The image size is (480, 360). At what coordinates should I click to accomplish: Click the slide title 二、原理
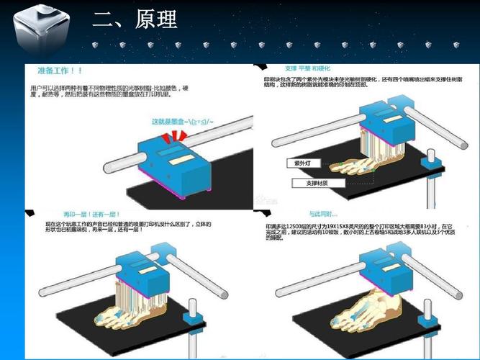pyautogui.click(x=135, y=19)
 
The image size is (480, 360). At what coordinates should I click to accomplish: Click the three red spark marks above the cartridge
pyautogui.click(x=176, y=137)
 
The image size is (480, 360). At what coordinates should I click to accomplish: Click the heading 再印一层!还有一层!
pyautogui.click(x=93, y=215)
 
